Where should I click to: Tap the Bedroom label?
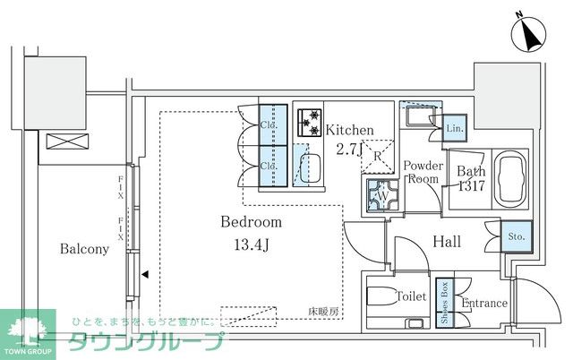click(x=252, y=222)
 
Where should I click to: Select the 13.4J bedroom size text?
click(x=252, y=244)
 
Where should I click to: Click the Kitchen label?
click(x=349, y=130)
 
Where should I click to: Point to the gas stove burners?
click(x=310, y=121)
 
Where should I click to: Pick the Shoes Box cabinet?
click(x=443, y=304)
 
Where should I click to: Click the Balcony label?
click(x=85, y=249)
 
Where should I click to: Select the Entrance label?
click(x=484, y=304)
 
